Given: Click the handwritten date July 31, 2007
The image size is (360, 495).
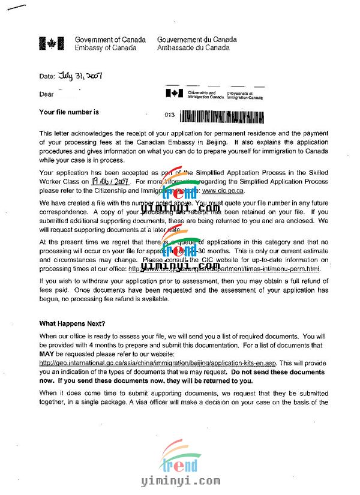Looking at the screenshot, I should (80, 76).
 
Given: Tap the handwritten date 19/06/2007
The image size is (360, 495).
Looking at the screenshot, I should (110, 181).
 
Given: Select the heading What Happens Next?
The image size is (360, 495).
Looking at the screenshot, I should (72, 323).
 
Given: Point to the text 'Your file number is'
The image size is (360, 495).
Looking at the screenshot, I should (69, 112).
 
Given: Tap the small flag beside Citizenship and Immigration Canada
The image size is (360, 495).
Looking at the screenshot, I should (175, 94).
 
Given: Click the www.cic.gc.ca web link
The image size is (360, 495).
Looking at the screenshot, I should (223, 190).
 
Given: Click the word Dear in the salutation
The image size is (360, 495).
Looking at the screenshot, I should (46, 94).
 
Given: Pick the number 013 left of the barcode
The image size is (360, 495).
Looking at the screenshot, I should (169, 113).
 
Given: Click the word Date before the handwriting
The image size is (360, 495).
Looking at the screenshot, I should (47, 77).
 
